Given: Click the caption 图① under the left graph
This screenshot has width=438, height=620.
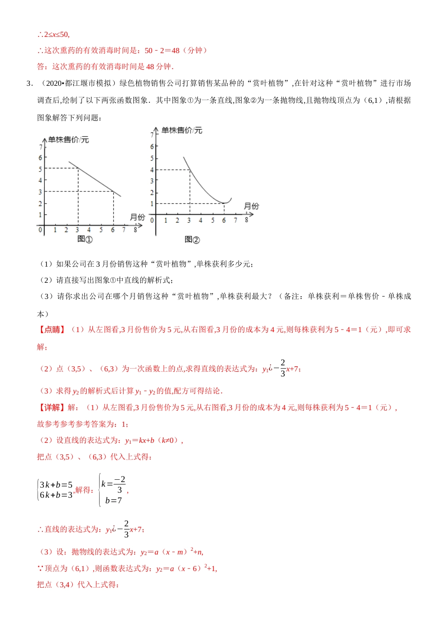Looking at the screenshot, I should (x=85, y=239).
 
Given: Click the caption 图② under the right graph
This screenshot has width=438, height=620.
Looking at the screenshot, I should (x=192, y=239).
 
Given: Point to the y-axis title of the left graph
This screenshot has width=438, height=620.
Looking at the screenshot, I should (x=69, y=139).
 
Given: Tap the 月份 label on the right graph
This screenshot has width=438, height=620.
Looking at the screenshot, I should (x=251, y=206).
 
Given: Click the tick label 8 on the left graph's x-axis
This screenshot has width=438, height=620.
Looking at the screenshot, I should (x=135, y=229).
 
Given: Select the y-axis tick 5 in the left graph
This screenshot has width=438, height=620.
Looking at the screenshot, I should (x=40, y=169).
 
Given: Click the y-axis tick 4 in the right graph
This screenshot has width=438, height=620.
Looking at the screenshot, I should (x=152, y=170).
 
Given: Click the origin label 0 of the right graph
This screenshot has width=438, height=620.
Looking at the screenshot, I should (x=152, y=221).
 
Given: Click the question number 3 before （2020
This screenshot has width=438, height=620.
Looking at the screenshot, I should (x=29, y=83).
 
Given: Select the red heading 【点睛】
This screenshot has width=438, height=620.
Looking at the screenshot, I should (x=52, y=329).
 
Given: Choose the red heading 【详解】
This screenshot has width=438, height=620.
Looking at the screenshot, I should (x=52, y=407).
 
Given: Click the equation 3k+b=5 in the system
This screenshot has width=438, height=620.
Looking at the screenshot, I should (x=56, y=485).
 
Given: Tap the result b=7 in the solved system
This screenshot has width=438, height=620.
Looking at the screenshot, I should (x=113, y=501).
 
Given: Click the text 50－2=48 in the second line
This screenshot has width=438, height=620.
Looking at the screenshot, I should (x=162, y=50).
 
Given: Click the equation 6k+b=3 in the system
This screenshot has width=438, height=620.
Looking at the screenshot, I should (x=56, y=495).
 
